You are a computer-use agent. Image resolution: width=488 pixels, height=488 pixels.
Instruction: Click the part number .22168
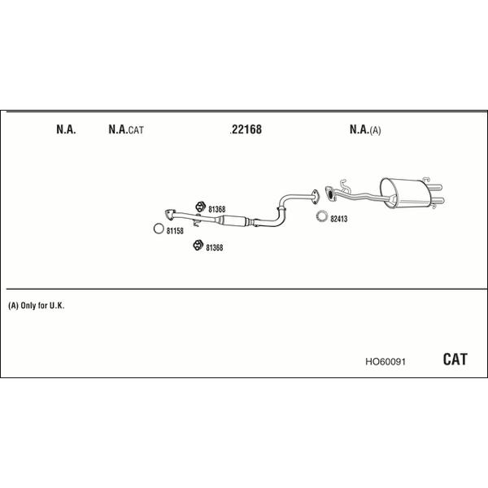(x=246, y=129)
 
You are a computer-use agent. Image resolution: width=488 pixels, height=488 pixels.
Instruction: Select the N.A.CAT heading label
(x=126, y=129)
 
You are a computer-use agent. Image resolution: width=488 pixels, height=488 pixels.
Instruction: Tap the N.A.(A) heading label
(x=365, y=129)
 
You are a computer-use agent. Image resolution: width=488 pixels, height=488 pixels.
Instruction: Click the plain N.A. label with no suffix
(x=66, y=129)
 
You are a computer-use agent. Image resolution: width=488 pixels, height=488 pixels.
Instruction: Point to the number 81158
(x=175, y=231)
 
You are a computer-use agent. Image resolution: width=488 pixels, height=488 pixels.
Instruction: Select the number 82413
(x=338, y=219)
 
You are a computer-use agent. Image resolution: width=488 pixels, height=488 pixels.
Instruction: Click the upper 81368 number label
(x=216, y=210)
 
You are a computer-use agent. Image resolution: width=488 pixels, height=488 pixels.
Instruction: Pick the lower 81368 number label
(x=215, y=248)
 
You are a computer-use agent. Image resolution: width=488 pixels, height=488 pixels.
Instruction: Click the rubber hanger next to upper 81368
(x=200, y=207)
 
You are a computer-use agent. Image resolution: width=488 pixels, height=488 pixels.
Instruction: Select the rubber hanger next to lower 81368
(x=198, y=246)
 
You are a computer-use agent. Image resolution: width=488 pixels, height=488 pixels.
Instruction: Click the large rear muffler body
(x=404, y=194)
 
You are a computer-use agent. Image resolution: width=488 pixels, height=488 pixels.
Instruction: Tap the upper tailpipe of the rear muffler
(x=436, y=188)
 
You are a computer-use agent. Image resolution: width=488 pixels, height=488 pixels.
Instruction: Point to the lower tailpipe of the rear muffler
(x=438, y=201)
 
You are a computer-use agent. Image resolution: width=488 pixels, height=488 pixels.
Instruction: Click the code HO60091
(x=386, y=362)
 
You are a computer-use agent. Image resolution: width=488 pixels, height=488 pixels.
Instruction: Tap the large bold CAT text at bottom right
(x=455, y=359)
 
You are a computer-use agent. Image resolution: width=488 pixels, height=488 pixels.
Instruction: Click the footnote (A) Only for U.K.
(x=37, y=306)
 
